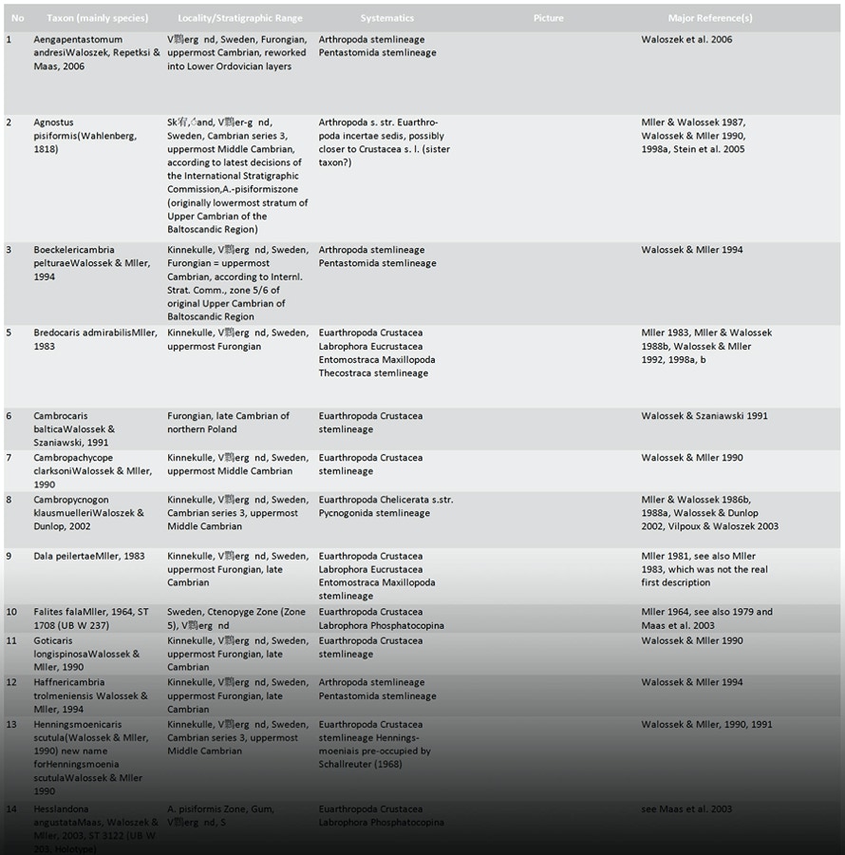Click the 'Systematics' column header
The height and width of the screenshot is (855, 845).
pos(386,18)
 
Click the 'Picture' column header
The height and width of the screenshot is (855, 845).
pos(548,18)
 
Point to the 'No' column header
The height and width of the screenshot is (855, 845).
pos(18,18)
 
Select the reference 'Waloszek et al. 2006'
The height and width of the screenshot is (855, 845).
pos(686,40)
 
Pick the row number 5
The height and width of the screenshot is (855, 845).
pos(9,333)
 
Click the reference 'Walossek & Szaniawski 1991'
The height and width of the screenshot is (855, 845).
pos(704,416)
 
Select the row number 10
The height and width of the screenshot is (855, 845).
pos(11,612)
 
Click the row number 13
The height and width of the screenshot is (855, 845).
pos(11,724)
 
